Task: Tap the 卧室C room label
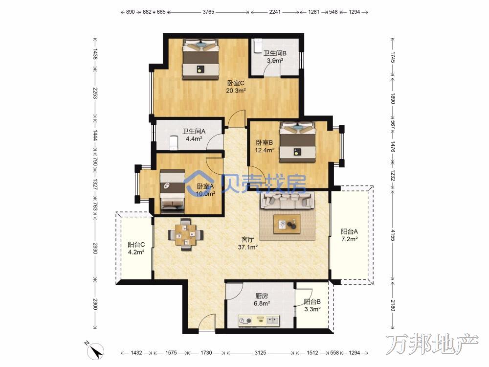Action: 236,83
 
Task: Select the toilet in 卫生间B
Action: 258,46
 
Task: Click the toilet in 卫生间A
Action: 173,142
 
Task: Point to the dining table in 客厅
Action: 186,234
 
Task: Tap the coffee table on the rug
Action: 287,224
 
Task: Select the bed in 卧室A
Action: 172,192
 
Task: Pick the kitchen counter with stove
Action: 259,320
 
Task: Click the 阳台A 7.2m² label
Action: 349,235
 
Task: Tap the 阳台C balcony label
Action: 136,245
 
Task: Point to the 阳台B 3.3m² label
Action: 312,305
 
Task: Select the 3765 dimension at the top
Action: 208,12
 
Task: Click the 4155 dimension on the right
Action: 393,235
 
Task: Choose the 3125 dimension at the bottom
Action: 260,353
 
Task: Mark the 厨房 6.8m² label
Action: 262,299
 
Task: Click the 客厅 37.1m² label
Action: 247,243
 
